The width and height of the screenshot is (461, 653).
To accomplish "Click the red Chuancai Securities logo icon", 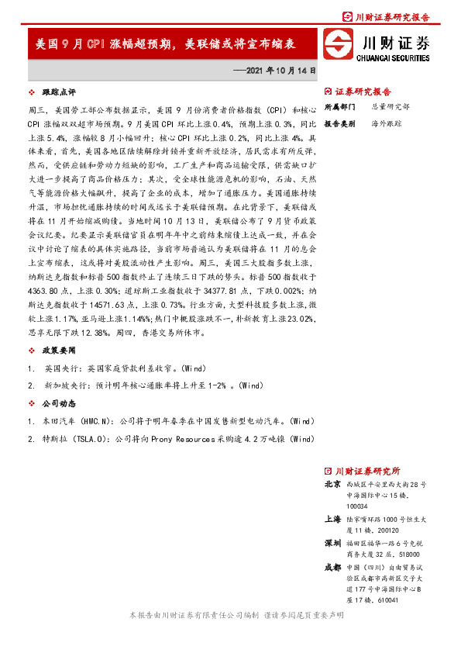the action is coord(339,45).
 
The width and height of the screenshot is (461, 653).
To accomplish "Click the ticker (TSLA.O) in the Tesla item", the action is coord(96,439).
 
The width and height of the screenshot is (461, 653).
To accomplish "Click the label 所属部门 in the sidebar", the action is coord(339,106).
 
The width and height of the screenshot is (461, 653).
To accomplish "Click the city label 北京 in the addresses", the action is coord(332,483).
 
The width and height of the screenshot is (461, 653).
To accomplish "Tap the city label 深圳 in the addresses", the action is coord(332,542).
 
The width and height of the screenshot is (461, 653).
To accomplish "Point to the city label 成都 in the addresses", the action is coord(332,568).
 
